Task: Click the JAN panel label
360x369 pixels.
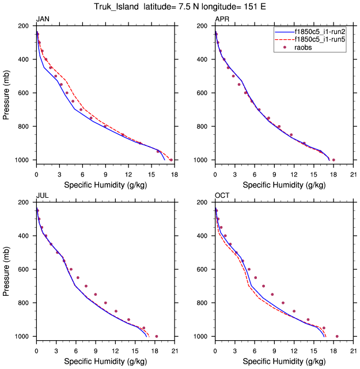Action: (x=42, y=20)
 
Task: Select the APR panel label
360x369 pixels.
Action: (x=221, y=20)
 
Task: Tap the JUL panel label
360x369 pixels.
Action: (x=42, y=196)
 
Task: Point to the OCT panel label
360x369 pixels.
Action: (x=222, y=196)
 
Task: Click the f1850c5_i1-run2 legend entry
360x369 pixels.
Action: (x=320, y=32)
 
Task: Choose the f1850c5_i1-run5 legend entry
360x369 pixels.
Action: (x=320, y=40)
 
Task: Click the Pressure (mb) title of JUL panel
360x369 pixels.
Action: (x=7, y=269)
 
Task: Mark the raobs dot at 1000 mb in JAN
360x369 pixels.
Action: (x=171, y=160)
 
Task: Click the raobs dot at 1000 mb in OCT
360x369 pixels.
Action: (x=337, y=336)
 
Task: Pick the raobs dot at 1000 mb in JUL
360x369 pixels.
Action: (x=157, y=336)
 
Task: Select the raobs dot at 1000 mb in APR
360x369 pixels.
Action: (x=334, y=160)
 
